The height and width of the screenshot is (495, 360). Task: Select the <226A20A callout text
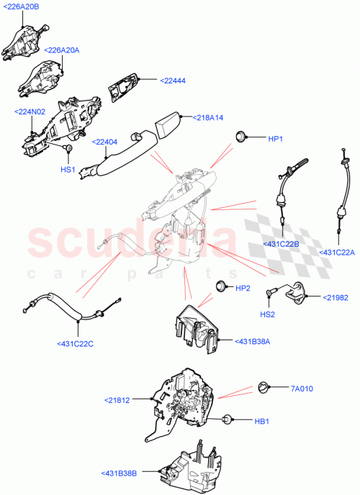click(x=63, y=50)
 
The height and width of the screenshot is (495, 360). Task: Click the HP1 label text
click(x=276, y=138)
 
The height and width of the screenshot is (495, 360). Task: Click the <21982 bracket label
click(x=336, y=297)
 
